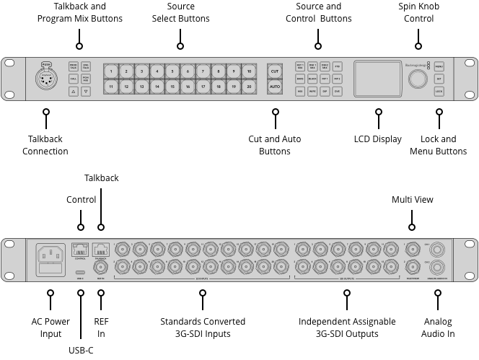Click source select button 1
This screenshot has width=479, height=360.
pos(111,71)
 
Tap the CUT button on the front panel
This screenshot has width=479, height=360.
pos(274,71)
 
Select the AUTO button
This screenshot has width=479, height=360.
pos(274,87)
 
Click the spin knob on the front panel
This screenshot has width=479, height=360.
pos(414,79)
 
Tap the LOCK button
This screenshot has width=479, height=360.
pos(439,92)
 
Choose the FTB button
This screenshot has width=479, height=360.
pos(336,66)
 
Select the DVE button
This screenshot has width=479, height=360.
pos(336,92)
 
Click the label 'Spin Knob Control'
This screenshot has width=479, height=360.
pos(418,12)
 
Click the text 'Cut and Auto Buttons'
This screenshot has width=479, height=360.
pos(274,145)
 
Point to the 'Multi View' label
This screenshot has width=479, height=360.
pos(413,199)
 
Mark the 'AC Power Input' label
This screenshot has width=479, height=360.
pos(50,328)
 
